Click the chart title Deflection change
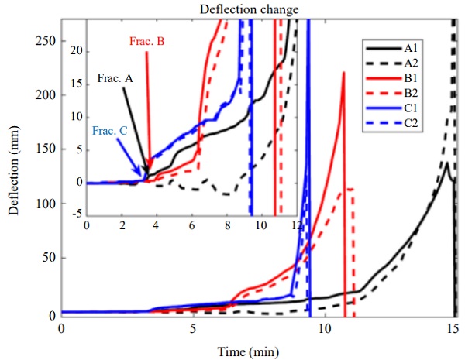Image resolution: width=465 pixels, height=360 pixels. point(259,9)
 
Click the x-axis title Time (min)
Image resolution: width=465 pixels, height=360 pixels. point(259,351)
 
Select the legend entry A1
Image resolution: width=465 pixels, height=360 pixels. point(412,48)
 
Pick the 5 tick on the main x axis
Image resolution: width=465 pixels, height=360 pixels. point(193,328)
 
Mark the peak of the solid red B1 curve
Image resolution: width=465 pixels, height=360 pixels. point(343,72)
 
